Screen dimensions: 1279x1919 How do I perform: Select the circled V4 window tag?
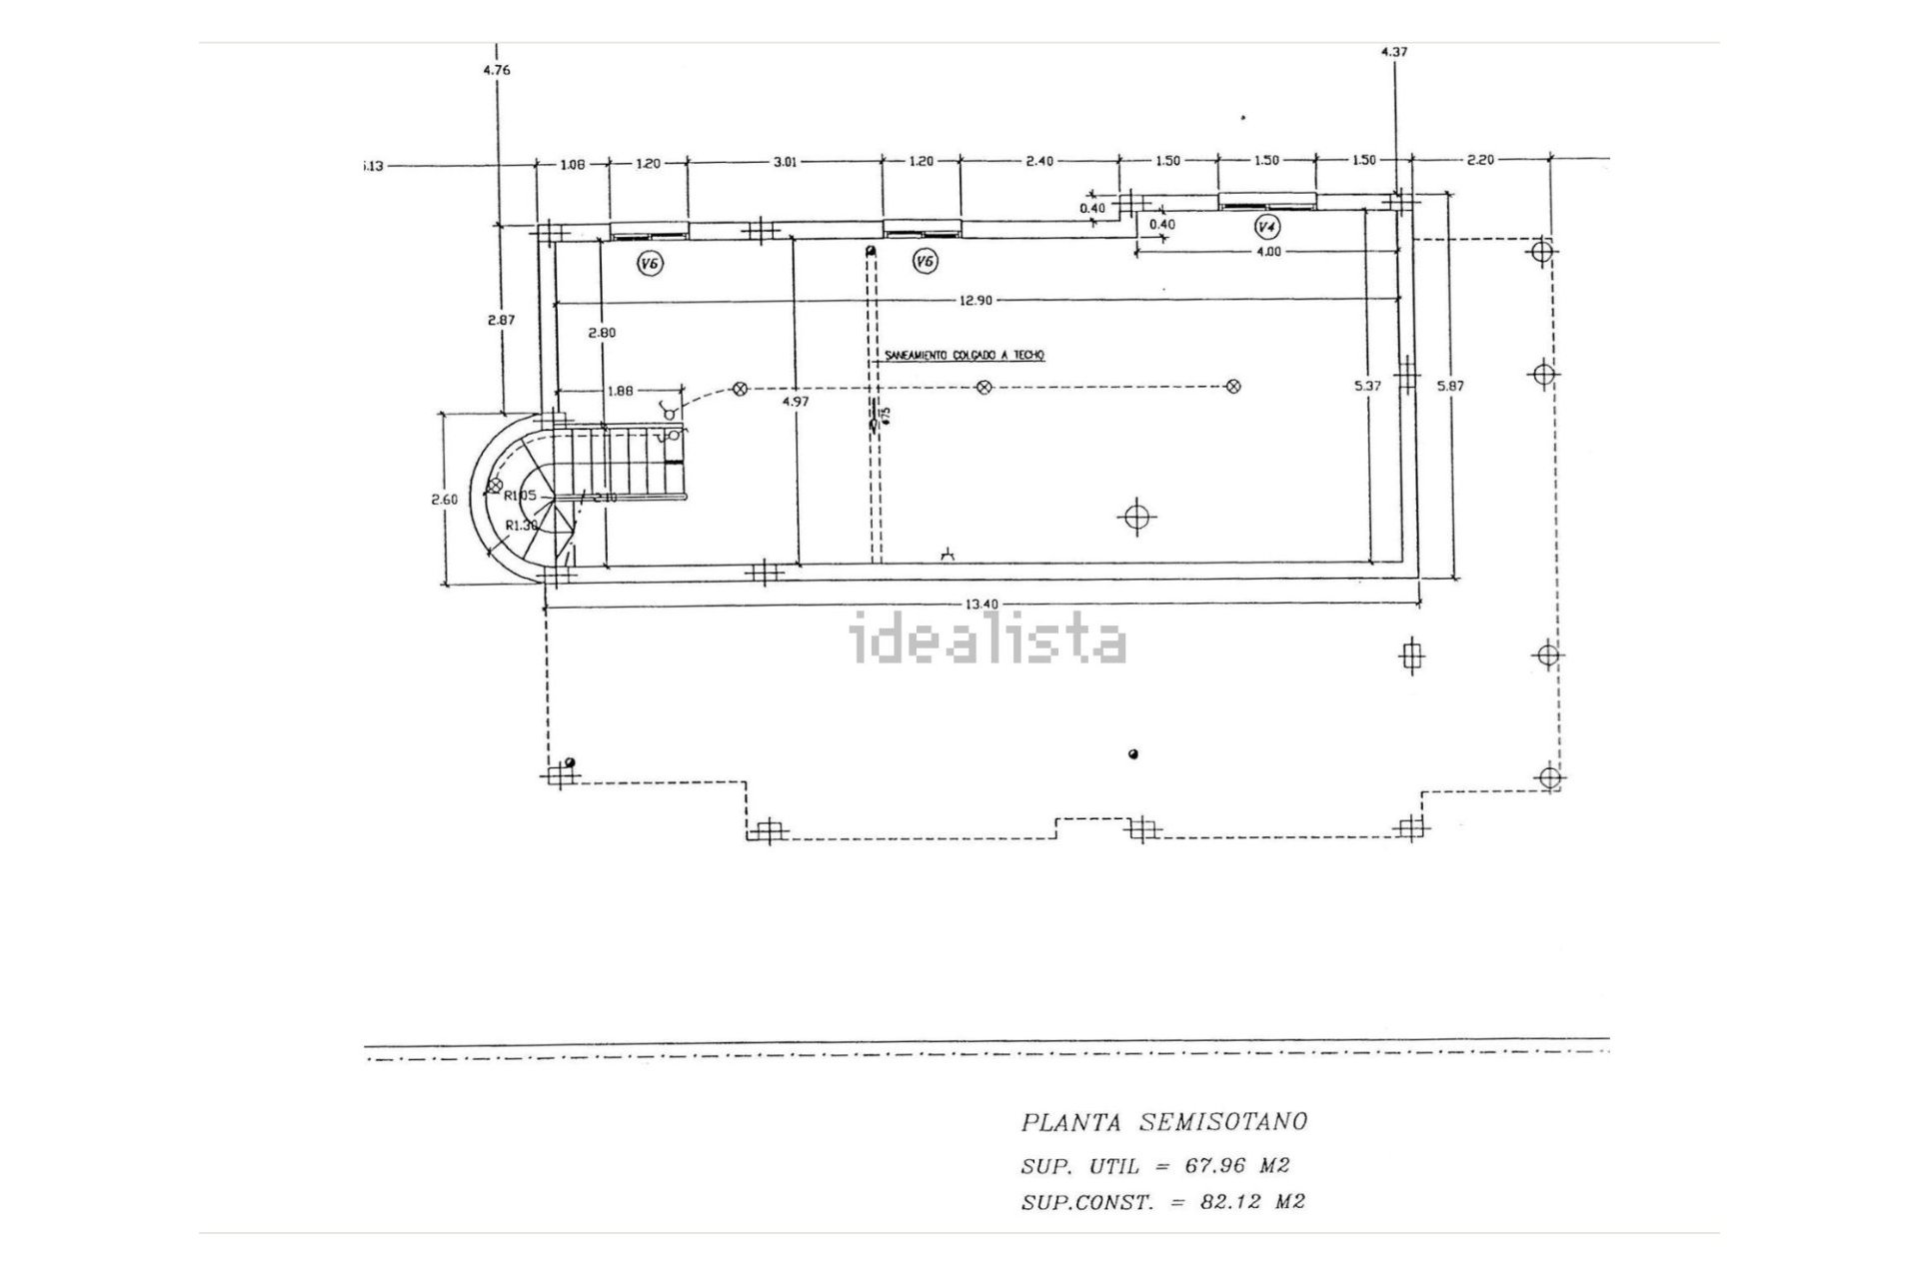tap(1267, 227)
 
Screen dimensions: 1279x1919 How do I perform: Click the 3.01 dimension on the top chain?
tap(786, 161)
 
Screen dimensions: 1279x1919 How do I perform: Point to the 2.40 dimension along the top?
tap(1039, 161)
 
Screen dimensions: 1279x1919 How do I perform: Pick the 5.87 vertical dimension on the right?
tap(1450, 385)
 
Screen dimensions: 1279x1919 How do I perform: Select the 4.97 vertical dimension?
tap(796, 401)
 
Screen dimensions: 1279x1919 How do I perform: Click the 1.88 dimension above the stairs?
tap(621, 391)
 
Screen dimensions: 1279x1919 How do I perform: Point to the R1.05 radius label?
tap(520, 496)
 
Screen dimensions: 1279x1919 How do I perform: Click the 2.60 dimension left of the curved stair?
tap(444, 500)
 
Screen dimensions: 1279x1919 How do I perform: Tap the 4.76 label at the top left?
tap(497, 70)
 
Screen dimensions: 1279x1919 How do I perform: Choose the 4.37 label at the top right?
tap(1393, 52)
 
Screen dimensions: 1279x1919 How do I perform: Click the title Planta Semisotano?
tap(1163, 1122)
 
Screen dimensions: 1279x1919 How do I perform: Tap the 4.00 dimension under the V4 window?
tap(1267, 252)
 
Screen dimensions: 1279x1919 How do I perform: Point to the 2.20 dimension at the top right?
tap(1479, 160)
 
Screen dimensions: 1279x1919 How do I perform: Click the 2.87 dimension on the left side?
tap(501, 320)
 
